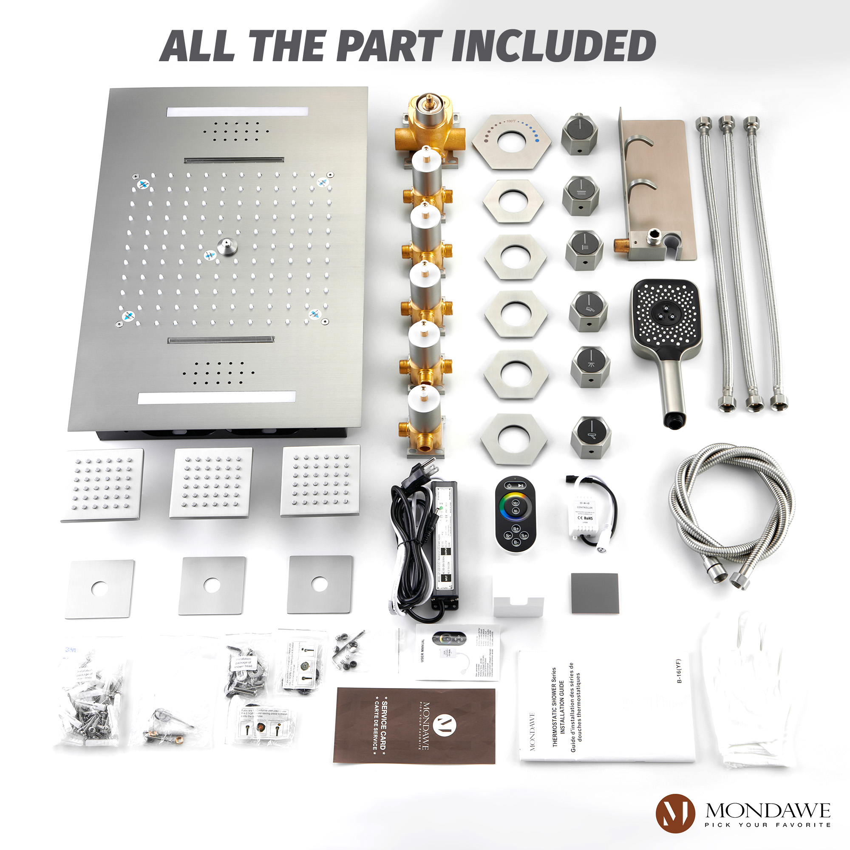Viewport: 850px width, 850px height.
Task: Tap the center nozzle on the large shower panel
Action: pyautogui.click(x=226, y=246)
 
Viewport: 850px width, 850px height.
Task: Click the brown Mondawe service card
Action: pyautogui.click(x=414, y=725)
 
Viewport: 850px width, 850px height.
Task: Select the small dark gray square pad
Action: pyautogui.click(x=595, y=593)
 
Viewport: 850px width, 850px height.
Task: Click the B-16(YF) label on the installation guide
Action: pyautogui.click(x=679, y=671)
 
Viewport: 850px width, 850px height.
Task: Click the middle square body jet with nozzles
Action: pyautogui.click(x=211, y=483)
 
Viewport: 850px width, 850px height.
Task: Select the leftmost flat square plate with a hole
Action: pyautogui.click(x=100, y=589)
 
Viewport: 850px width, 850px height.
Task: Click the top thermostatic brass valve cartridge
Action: pyautogui.click(x=430, y=125)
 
